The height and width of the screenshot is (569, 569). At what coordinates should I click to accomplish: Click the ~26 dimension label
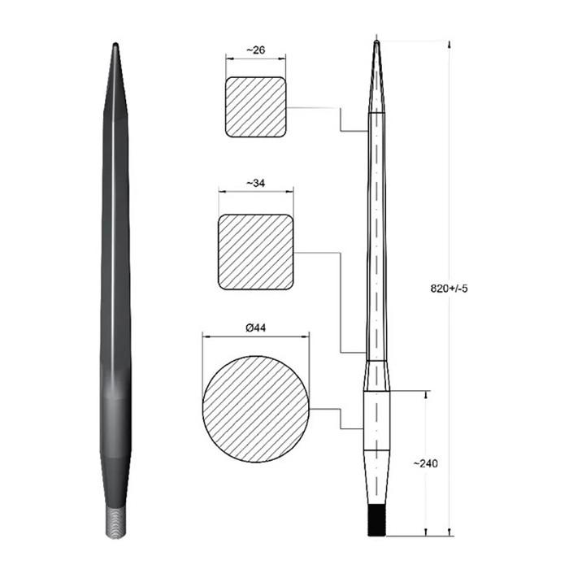point(255,50)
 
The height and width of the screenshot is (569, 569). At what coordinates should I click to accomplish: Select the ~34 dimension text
point(255,184)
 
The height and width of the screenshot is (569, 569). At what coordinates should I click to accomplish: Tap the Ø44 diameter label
point(255,327)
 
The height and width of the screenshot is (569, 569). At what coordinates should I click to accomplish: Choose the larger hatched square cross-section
point(255,251)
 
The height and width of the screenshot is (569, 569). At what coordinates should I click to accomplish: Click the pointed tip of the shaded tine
point(115,47)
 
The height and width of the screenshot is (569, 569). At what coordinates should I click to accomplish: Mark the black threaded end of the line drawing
point(376,520)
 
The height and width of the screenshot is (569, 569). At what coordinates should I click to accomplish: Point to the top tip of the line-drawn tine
point(376,41)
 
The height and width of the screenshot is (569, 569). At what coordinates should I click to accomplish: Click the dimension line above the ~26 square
point(255,59)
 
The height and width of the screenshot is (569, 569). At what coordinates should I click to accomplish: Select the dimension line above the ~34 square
point(255,193)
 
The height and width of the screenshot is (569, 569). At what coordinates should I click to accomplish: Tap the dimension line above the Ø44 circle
point(255,336)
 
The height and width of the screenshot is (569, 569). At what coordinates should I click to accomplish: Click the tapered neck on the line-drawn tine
point(376,376)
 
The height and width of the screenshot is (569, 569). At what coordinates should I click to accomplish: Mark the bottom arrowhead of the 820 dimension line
point(450,532)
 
